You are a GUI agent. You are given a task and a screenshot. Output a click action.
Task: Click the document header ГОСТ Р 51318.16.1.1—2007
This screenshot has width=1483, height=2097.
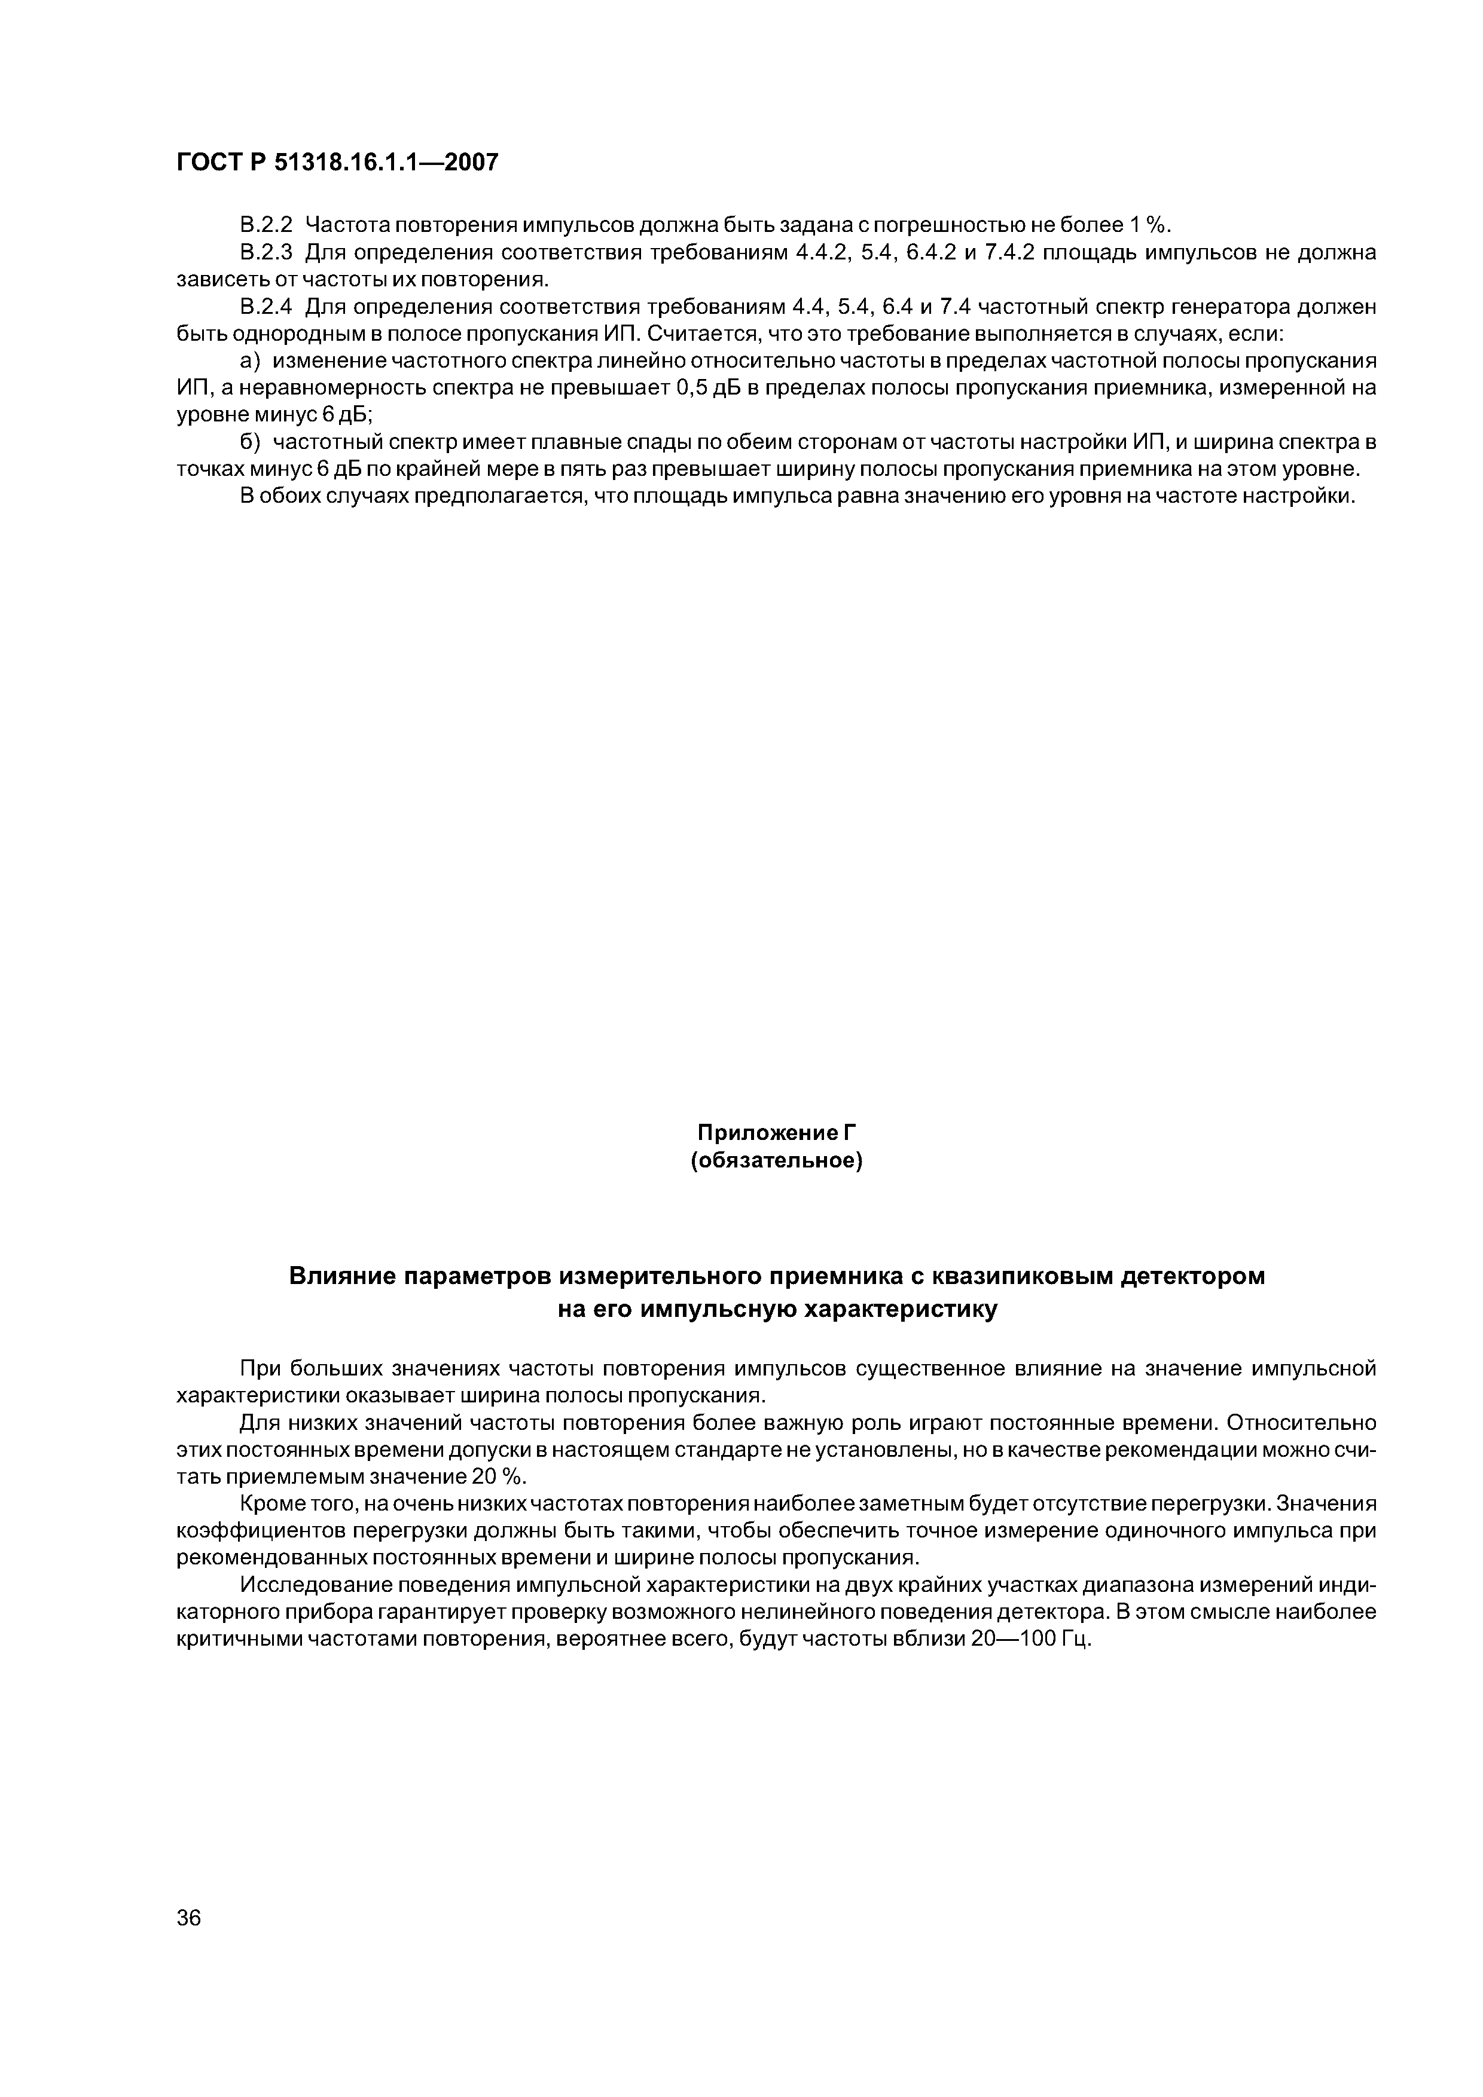point(337,163)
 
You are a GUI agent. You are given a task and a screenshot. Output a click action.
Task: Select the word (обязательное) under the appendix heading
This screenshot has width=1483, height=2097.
point(777,1161)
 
